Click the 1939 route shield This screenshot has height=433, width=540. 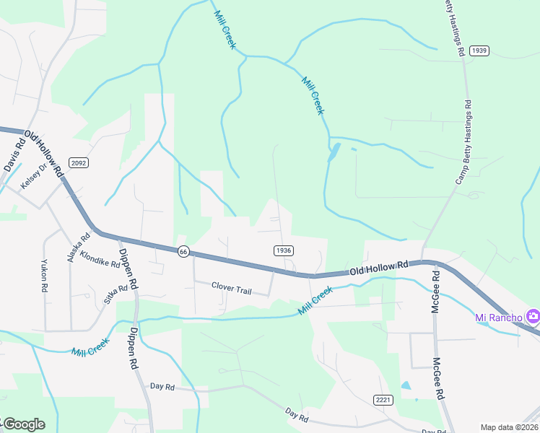point(479,50)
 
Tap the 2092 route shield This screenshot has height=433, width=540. point(79,163)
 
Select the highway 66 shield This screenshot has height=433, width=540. point(183,251)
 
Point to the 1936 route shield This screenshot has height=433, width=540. point(283,250)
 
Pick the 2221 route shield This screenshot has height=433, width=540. point(383,400)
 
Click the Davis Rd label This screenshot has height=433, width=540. point(13,155)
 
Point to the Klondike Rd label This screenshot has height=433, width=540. point(100,258)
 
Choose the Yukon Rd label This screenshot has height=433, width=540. point(44,275)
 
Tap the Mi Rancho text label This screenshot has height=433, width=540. point(498,318)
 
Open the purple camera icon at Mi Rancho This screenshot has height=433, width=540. point(533,316)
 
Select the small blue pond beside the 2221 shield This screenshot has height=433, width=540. point(405,385)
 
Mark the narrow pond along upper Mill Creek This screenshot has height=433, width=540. point(334,152)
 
